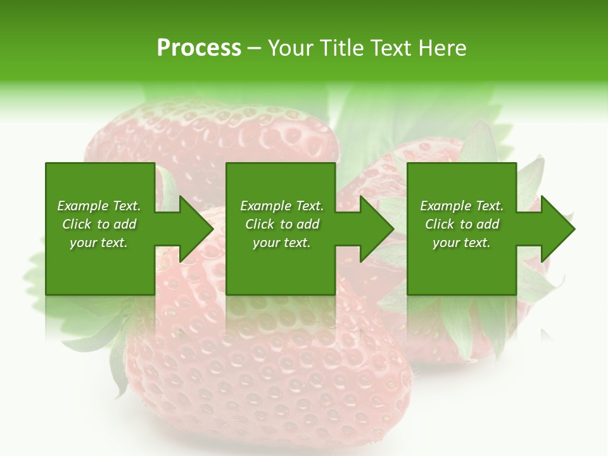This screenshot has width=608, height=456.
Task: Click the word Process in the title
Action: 199,48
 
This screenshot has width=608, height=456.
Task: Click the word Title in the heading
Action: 341,48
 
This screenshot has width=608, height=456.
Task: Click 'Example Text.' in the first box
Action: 99,206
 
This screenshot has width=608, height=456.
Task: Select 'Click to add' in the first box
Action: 99,224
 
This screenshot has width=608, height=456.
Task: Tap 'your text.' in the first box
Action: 99,243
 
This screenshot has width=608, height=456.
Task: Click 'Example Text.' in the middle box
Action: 282,206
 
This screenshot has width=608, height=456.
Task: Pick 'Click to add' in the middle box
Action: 282,224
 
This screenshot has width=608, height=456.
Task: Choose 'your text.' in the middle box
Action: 282,243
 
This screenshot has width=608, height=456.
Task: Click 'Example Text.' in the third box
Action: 462,206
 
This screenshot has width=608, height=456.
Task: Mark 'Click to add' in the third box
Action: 462,224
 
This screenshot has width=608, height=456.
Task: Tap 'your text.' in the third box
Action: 462,243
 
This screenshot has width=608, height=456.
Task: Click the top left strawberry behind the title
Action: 209,139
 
